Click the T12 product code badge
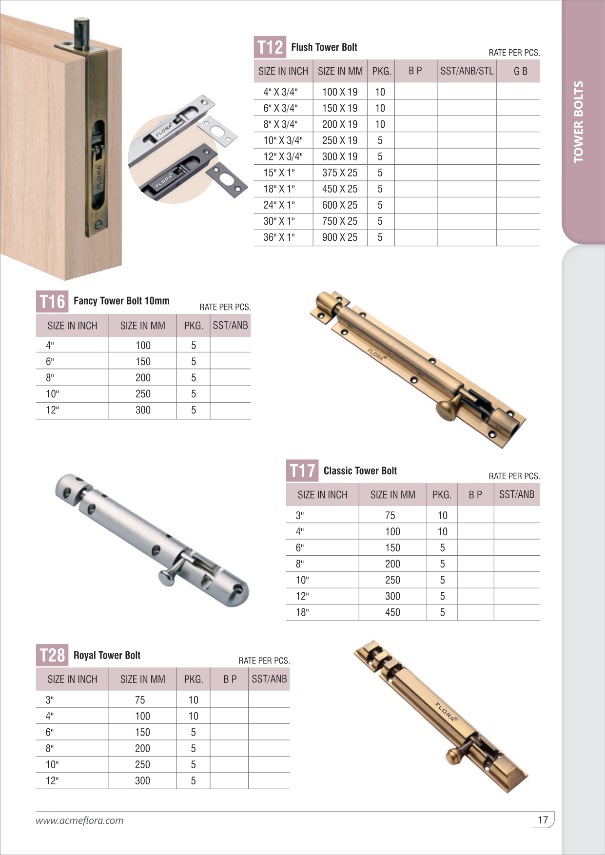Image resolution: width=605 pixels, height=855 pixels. click(x=270, y=47)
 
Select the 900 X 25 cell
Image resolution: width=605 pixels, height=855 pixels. click(x=340, y=237)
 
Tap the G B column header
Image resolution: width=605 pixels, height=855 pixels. click(x=520, y=71)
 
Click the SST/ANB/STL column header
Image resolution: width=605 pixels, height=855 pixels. click(x=467, y=71)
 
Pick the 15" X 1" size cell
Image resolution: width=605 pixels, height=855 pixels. click(x=279, y=173)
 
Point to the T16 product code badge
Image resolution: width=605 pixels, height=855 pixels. click(x=52, y=302)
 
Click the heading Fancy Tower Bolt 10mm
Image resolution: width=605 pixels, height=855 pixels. click(x=121, y=301)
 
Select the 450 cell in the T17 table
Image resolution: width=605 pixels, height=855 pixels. click(x=392, y=612)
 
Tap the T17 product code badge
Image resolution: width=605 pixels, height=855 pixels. click(x=302, y=471)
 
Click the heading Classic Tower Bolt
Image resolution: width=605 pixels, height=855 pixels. click(x=360, y=471)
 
